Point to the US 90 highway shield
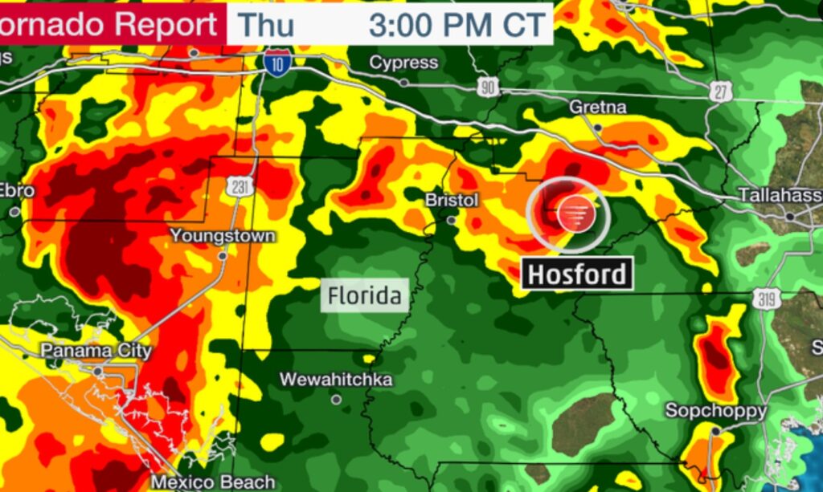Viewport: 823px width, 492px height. point(487,88)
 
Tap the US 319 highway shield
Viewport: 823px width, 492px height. point(763,299)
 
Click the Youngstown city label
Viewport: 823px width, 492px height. point(223,236)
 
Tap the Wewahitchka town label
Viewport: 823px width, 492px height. point(336,379)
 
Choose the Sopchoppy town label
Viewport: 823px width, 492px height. point(715,411)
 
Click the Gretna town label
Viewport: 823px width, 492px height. point(597,107)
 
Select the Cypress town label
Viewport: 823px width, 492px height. point(403,63)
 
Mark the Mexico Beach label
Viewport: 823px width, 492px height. point(213,482)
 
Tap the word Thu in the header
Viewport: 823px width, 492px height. point(268,24)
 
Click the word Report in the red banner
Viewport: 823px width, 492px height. point(166,24)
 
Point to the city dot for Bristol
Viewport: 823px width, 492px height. point(451,220)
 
